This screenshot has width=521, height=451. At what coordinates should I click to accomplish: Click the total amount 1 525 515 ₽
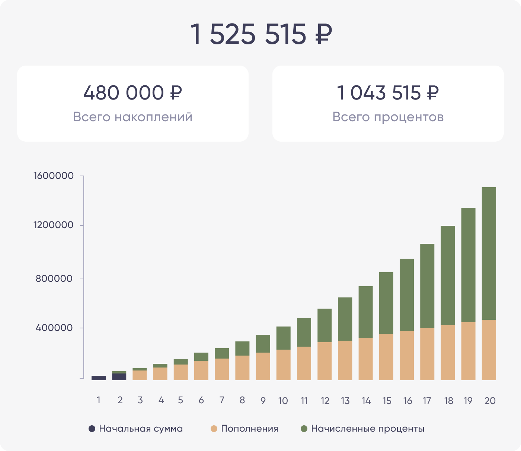[260, 34]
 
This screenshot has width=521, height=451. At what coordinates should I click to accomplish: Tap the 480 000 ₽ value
[132, 93]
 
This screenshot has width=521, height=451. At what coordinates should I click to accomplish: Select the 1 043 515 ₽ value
[388, 93]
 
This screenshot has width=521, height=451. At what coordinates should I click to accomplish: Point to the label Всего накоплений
[132, 117]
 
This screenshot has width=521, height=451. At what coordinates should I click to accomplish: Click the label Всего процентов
[388, 117]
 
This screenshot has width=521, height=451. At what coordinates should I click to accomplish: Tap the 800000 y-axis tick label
[54, 278]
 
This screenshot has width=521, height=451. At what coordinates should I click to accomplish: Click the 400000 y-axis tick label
[54, 328]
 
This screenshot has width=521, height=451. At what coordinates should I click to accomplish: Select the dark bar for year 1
[99, 378]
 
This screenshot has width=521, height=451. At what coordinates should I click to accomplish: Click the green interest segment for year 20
[489, 253]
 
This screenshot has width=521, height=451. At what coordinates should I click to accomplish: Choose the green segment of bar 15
[386, 303]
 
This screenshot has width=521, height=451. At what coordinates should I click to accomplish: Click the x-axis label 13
[345, 401]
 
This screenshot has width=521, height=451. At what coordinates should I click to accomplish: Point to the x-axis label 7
[222, 400]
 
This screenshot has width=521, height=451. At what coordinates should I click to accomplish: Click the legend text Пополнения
[249, 429]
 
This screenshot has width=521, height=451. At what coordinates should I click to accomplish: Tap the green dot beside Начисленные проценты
[304, 429]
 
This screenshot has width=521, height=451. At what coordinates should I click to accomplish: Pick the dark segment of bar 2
[119, 376]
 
